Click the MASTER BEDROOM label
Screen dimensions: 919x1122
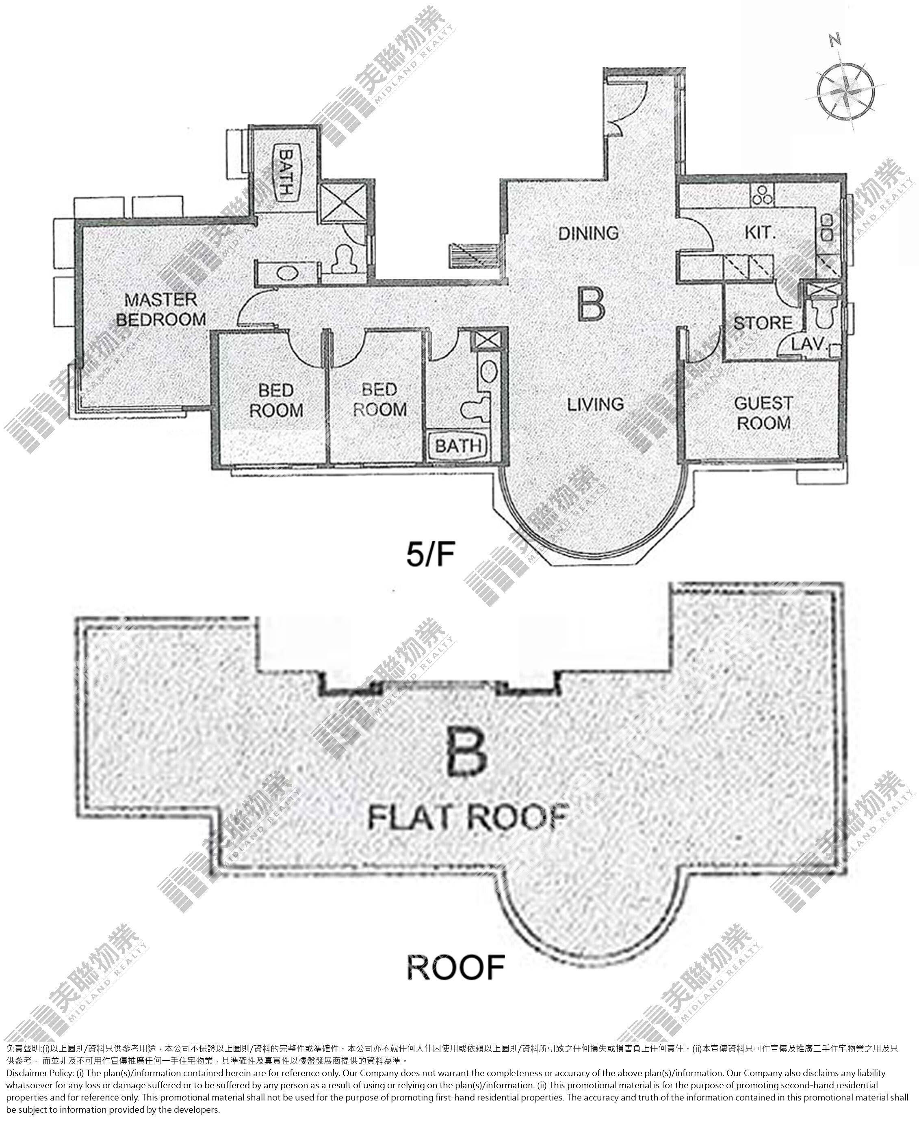[x=161, y=309]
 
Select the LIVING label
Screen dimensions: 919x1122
[x=596, y=405]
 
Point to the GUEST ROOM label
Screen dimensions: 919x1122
[x=763, y=413]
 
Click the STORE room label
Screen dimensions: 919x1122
[x=763, y=323]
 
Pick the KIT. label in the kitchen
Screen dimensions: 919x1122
[x=760, y=233]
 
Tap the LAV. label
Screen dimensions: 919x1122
[x=808, y=344]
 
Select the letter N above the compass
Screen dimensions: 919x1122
[x=835, y=39]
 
